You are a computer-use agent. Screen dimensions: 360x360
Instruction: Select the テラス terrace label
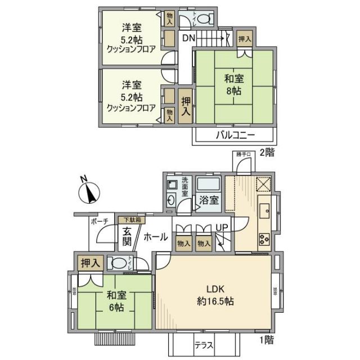point(203,345)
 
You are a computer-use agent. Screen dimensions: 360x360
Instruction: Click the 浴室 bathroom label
point(207,200)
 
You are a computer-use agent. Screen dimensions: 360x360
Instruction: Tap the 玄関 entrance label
point(127,236)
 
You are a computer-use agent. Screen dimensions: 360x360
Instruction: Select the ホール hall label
point(155,237)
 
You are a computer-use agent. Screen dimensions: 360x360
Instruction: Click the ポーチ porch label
point(100,221)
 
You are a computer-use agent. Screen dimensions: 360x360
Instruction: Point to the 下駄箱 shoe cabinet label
point(130,219)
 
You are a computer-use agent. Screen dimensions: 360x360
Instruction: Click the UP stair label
point(222,227)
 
